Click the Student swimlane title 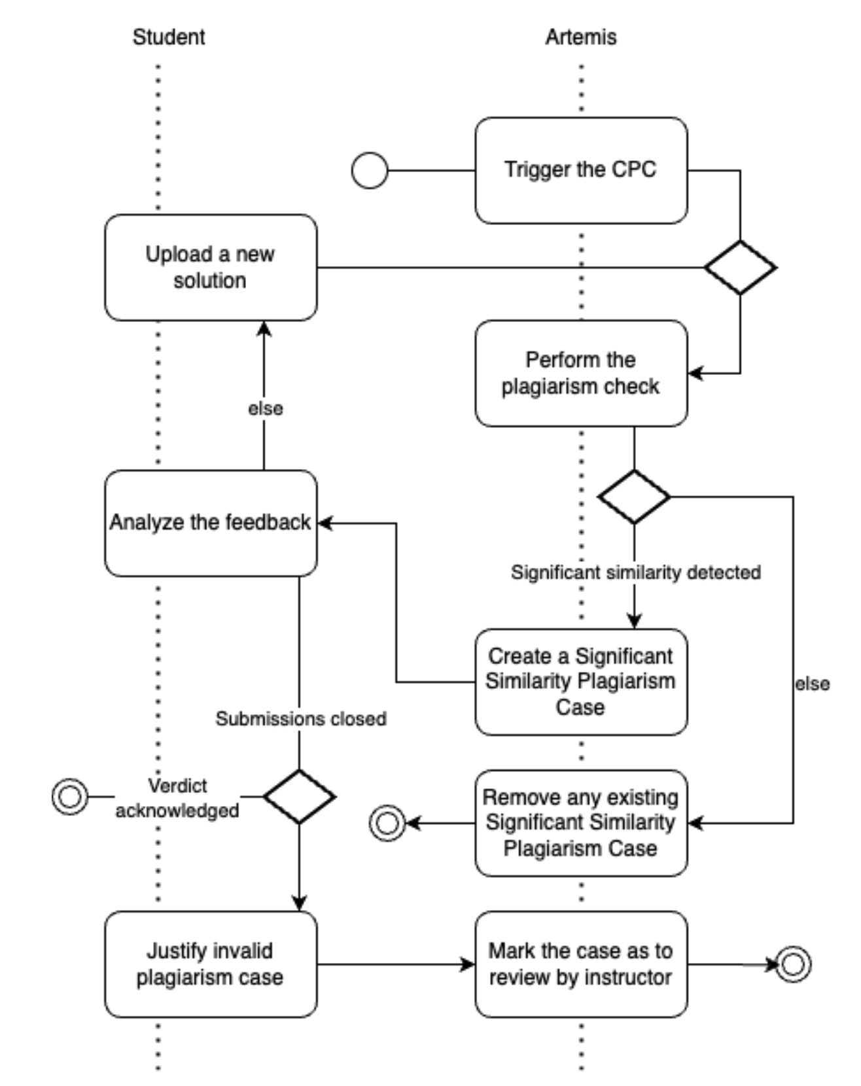[169, 37]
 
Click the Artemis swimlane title [580, 37]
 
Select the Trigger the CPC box [580, 170]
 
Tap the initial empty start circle [370, 171]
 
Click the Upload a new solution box [211, 267]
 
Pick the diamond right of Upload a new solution [740, 267]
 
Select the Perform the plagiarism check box [580, 373]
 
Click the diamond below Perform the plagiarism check [634, 497]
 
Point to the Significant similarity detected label [635, 572]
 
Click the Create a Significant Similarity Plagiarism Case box [580, 682]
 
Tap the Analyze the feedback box [211, 523]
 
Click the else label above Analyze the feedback [265, 409]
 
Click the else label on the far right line [812, 684]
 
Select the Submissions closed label [301, 719]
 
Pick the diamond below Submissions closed [299, 796]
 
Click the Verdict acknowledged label [177, 797]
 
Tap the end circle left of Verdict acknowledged [70, 796]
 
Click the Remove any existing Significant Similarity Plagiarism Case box [580, 822]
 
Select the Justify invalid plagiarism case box [211, 964]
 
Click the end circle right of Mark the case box [793, 964]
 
